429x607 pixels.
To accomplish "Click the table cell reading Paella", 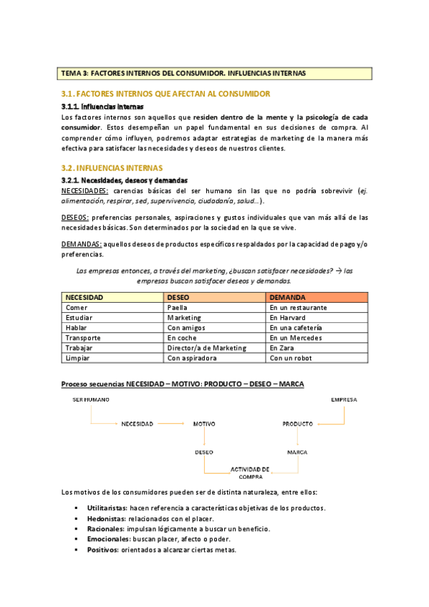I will click(x=177, y=308).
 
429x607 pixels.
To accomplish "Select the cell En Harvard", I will click(x=287, y=318).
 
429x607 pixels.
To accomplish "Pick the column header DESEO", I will click(x=178, y=297).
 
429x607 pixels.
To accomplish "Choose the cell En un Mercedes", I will click(x=297, y=338).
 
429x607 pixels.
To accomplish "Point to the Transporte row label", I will click(x=83, y=338).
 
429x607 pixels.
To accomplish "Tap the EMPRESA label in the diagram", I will click(x=344, y=399).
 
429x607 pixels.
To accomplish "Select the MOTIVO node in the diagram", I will click(x=204, y=424).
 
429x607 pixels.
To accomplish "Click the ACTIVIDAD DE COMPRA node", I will click(x=250, y=472).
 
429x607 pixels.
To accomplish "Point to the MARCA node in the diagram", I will click(x=297, y=452).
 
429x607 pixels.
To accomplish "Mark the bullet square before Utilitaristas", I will click(x=77, y=508).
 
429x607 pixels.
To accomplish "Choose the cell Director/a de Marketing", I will click(x=206, y=348).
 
